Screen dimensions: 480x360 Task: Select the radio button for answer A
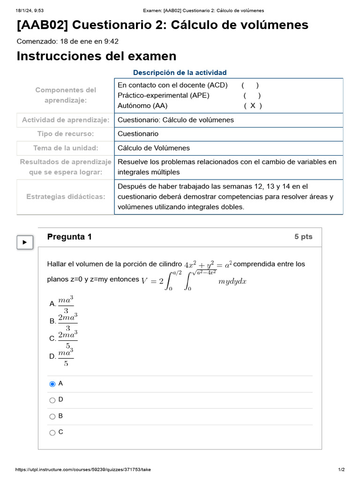[x=52, y=384]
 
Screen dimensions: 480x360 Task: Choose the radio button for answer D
[x=52, y=400]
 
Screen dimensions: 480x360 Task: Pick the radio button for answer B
[x=52, y=416]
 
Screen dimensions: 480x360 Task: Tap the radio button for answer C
[x=52, y=433]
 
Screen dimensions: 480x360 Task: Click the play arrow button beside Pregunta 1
[x=25, y=242]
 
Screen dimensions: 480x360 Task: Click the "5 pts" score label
[x=303, y=237]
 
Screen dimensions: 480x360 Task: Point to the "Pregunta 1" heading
[x=69, y=237]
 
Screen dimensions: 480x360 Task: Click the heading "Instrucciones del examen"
[x=97, y=56]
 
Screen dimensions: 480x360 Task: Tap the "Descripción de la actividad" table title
[x=180, y=73]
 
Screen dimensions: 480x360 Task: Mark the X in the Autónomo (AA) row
[x=253, y=106]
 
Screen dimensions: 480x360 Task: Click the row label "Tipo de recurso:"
[x=66, y=134]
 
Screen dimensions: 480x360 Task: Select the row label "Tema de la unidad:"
[x=66, y=148]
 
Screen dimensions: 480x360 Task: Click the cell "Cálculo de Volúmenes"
[x=154, y=148]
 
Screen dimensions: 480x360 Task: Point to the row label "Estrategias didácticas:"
[x=66, y=197]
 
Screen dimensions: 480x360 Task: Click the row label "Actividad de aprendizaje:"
[x=66, y=120]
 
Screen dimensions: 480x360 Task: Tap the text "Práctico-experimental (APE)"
[x=164, y=96]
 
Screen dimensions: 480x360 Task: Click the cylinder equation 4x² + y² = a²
[x=208, y=264]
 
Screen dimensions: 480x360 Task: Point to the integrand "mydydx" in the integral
[x=232, y=281]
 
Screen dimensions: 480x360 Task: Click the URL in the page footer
[x=83, y=470]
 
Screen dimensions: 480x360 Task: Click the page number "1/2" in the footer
[x=341, y=470]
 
